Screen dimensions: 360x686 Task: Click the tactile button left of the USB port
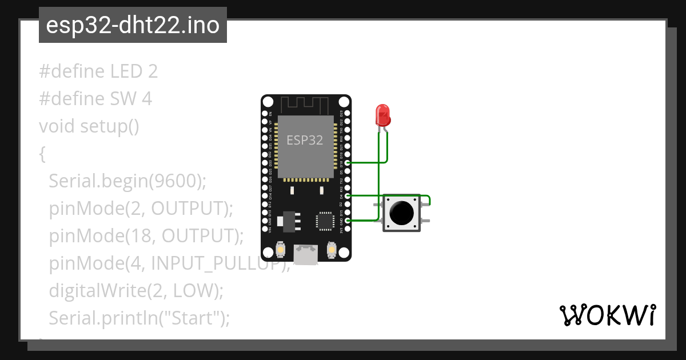tap(281, 250)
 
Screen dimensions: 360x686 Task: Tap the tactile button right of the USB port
tap(331, 250)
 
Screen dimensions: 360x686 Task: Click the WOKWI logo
tap(607, 315)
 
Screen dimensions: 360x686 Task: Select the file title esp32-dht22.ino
tap(133, 26)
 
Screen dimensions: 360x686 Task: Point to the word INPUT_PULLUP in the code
tap(217, 264)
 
